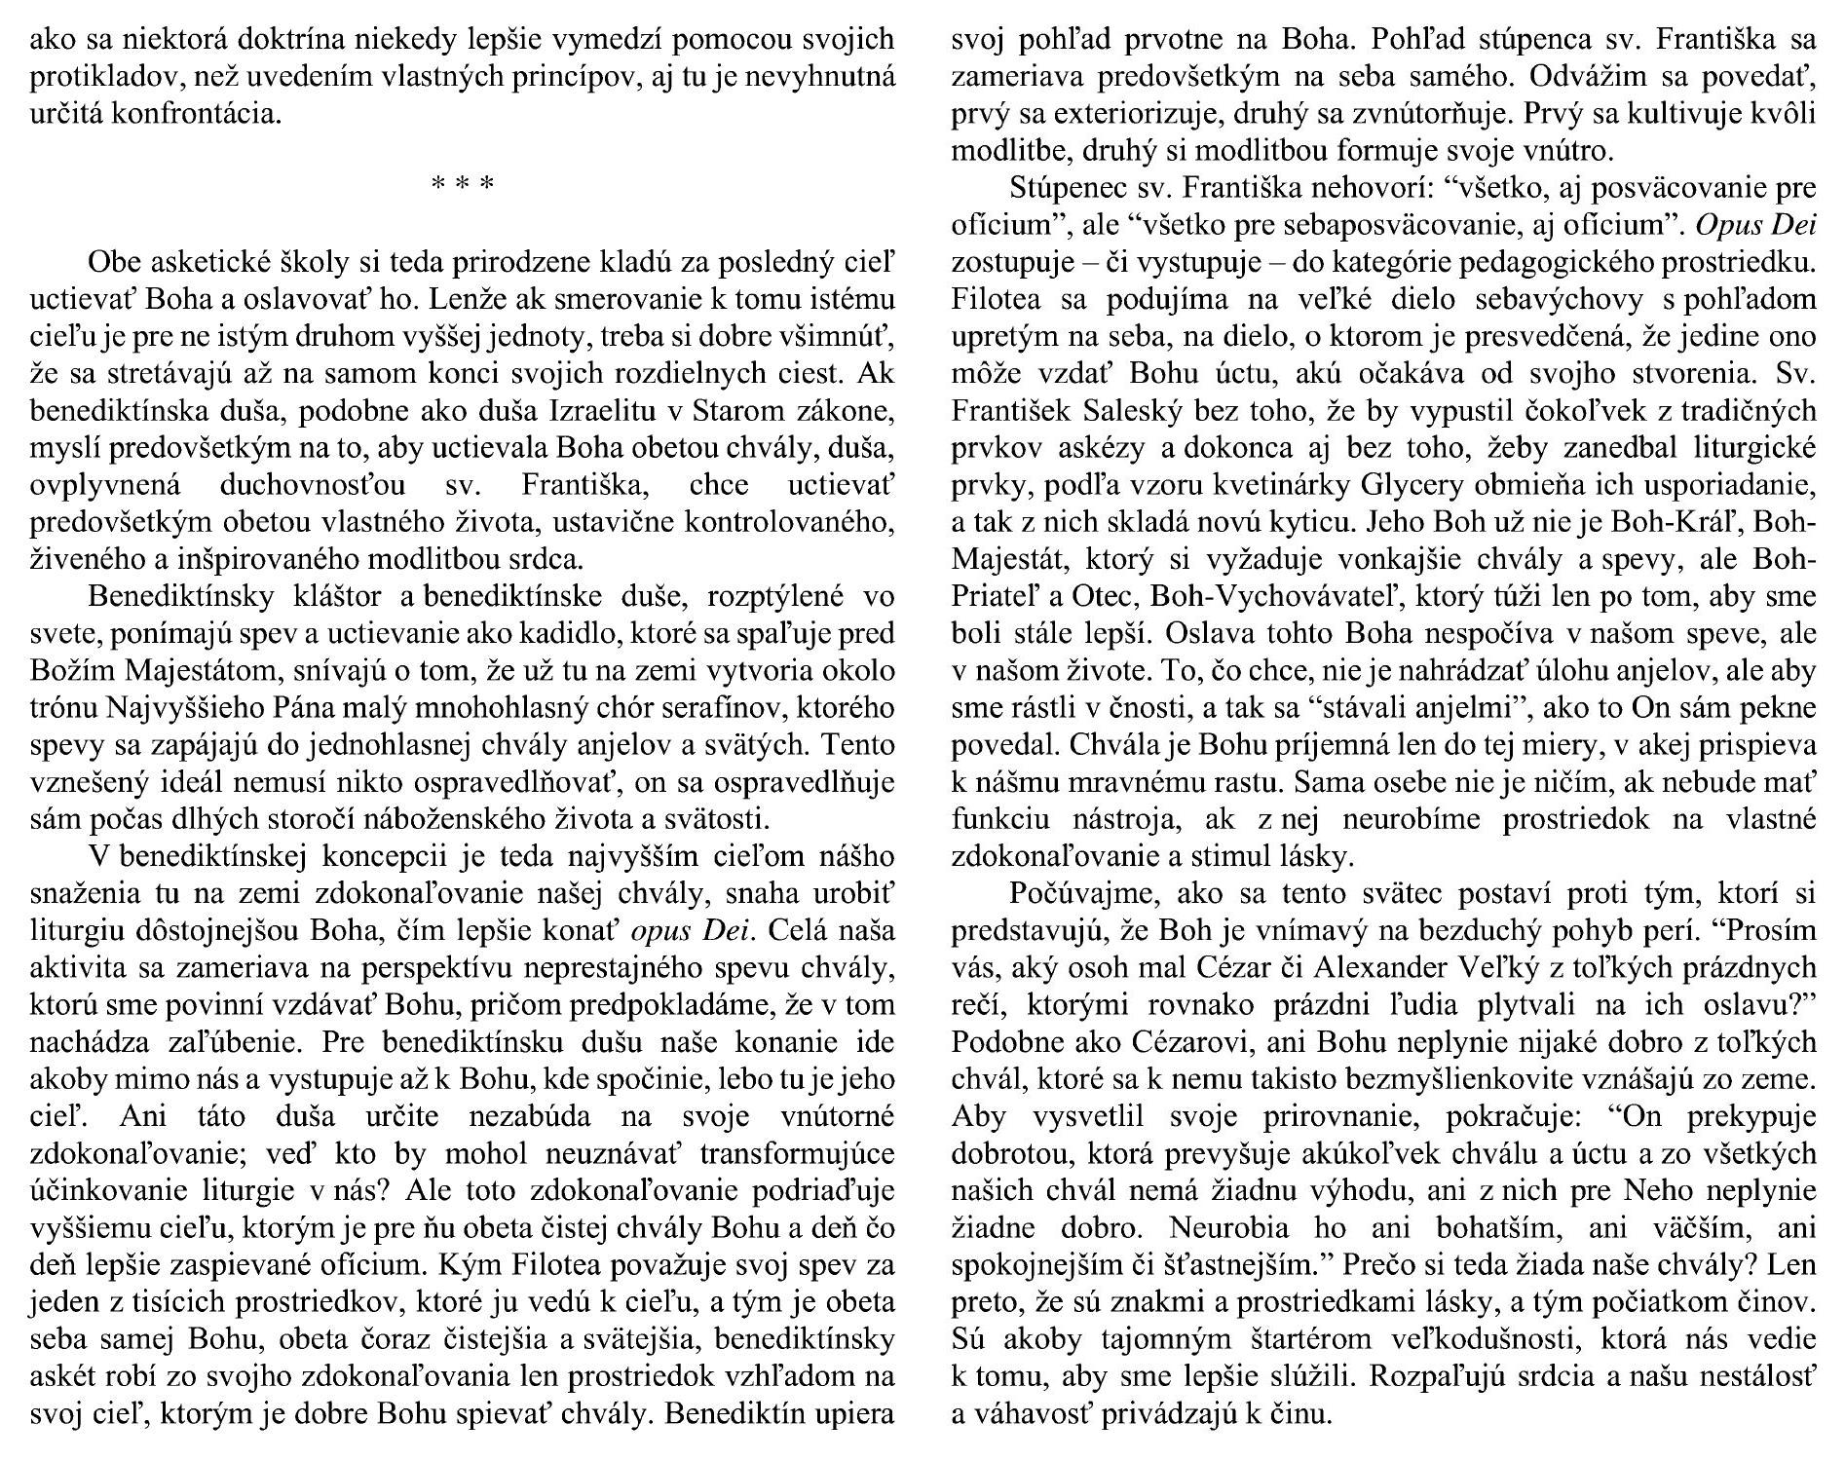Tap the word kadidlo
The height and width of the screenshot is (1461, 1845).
tap(565, 634)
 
